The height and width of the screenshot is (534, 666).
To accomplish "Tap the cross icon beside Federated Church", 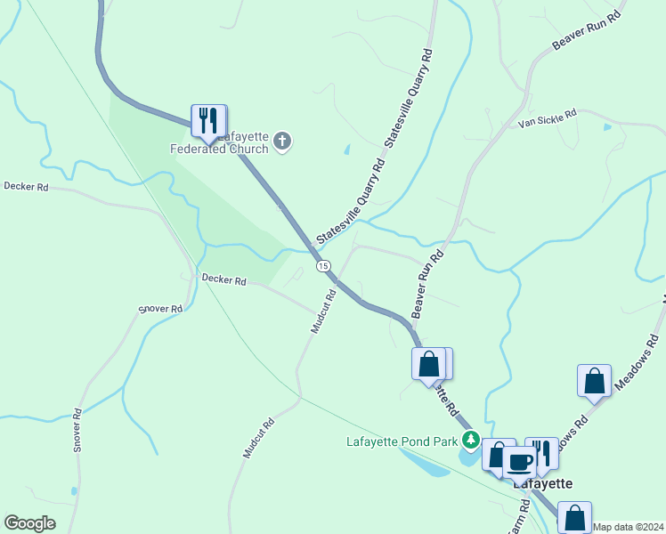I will (282, 141).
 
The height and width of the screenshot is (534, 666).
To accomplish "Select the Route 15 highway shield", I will (323, 266).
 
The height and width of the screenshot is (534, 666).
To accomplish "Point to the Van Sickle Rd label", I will (548, 118).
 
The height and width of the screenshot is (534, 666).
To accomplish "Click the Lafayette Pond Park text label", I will (402, 441).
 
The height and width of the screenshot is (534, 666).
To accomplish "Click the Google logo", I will (29, 523).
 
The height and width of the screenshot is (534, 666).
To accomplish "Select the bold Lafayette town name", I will (541, 482).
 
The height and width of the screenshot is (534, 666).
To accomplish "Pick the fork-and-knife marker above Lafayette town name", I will (541, 452).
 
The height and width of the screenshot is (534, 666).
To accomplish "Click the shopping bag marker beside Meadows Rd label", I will (594, 380).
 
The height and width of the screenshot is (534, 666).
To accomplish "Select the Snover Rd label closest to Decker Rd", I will (160, 310).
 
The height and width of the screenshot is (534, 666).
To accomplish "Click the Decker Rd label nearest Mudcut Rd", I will (223, 279).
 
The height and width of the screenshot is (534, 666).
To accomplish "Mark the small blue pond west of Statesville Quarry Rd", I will (346, 150).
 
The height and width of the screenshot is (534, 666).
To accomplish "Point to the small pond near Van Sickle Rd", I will (607, 127).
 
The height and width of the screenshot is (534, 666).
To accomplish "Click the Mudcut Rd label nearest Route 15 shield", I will (322, 311).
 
